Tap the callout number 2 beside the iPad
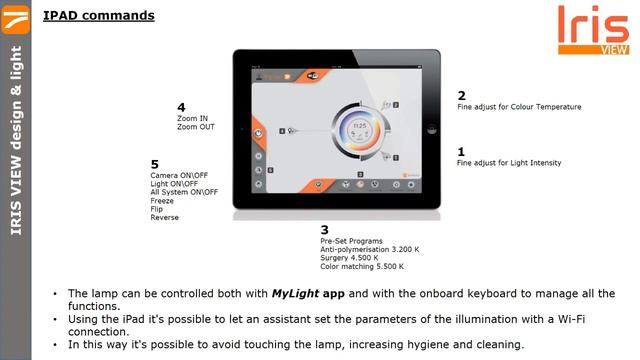click(x=461, y=95)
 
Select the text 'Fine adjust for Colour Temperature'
click(x=518, y=107)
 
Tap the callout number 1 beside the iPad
click(x=461, y=151)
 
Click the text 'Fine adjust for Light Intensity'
click(x=509, y=163)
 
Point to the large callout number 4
click(x=181, y=107)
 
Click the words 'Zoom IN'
click(x=192, y=119)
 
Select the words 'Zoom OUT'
click(x=195, y=127)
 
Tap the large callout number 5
click(x=154, y=164)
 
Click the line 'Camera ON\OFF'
click(x=178, y=176)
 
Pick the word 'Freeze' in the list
click(x=162, y=200)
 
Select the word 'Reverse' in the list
click(x=164, y=216)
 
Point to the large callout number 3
click(x=324, y=230)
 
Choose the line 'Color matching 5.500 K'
click(x=362, y=266)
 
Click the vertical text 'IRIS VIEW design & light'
click(x=16, y=140)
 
